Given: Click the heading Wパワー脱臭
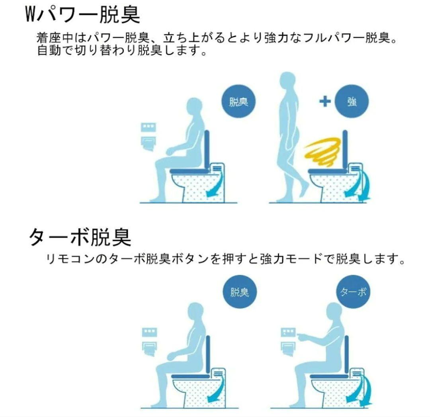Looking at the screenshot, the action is click(82, 14).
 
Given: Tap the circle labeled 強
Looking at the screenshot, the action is click(352, 102).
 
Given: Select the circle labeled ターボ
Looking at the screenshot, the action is click(353, 292).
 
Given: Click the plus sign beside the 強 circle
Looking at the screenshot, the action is click(325, 102).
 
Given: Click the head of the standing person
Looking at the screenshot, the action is click(288, 81).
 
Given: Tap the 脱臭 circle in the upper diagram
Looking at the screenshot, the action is click(238, 102).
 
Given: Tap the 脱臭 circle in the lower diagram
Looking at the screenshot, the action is click(240, 292).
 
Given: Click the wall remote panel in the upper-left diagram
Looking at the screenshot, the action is click(149, 127).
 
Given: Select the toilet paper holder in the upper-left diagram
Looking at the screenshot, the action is click(149, 143).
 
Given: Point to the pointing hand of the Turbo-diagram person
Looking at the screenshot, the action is click(302, 336).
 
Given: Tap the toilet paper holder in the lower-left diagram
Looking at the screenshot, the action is click(150, 349).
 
